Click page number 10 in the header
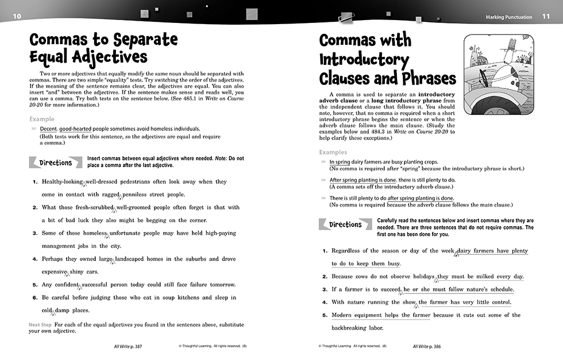(17, 16)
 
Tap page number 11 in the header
(546, 17)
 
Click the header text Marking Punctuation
(508, 17)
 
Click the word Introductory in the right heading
(364, 59)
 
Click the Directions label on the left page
(56, 163)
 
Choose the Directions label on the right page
(345, 224)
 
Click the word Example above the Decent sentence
(42, 119)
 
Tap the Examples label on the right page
(333, 153)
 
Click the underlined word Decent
(48, 129)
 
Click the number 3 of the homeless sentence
(35, 233)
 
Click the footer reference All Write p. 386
(430, 347)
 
